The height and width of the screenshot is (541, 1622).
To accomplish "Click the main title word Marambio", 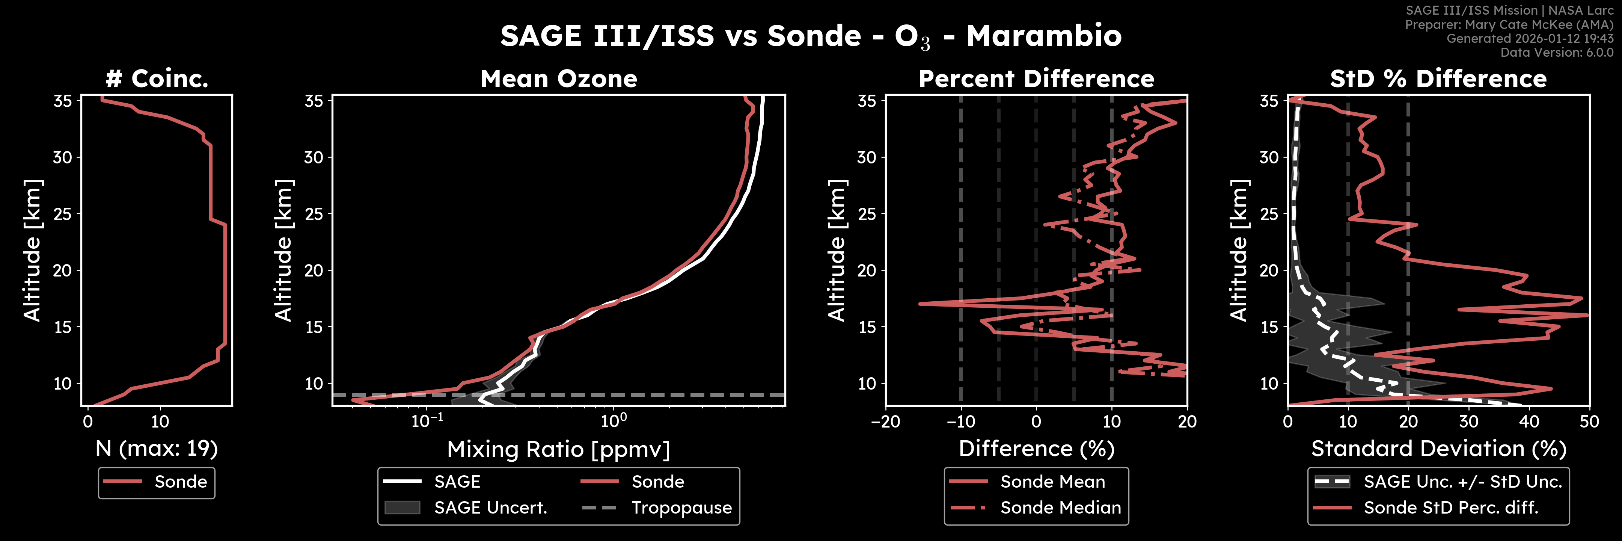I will [1043, 36].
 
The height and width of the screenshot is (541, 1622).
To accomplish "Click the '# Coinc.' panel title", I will [157, 79].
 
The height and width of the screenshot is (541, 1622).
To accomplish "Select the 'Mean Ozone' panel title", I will [559, 79].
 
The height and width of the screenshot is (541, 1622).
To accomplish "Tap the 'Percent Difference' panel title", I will [1036, 79].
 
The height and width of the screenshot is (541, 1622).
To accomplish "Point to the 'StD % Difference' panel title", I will [1438, 79].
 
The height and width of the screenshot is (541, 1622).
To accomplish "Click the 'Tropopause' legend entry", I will [681, 508].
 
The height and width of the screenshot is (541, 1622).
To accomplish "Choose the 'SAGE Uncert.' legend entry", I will [490, 508].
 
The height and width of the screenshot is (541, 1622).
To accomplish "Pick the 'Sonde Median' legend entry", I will [1060, 508].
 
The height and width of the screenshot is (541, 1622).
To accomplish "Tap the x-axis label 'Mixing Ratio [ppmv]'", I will [559, 449].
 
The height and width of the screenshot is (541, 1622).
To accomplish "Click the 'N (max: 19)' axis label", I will [157, 449].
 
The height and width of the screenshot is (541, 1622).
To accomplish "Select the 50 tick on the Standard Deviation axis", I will [1589, 421].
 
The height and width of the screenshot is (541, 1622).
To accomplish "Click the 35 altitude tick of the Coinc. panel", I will [62, 101].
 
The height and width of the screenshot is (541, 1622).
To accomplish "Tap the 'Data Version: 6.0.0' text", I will [1557, 52].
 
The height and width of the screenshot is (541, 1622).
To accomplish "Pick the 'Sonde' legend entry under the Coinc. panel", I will [180, 482].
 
